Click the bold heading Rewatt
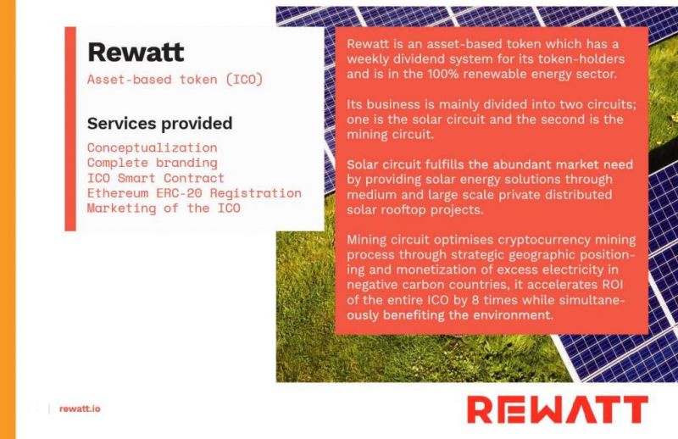(136, 53)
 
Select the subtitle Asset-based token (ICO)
(175, 80)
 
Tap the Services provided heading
(159, 124)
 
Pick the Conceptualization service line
(153, 147)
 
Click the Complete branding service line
(153, 163)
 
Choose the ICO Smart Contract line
(156, 178)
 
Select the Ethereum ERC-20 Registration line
(194, 193)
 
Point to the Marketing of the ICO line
(164, 208)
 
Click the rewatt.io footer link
(80, 408)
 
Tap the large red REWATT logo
(558, 409)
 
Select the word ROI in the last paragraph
(612, 285)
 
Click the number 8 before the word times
(475, 300)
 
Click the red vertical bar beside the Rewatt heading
(70, 129)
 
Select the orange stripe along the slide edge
(8, 219)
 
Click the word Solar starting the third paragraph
(363, 164)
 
